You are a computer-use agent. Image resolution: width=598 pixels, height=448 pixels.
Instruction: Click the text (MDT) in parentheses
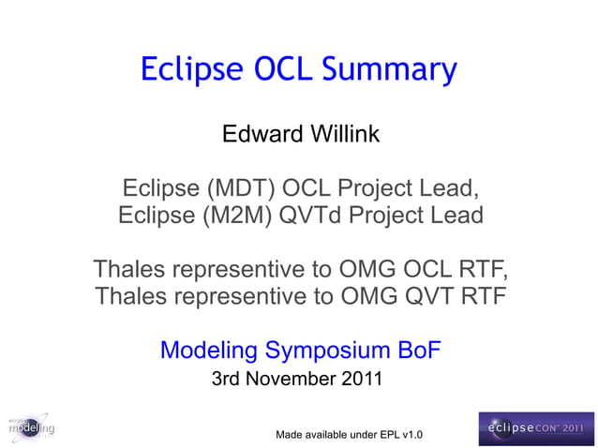tap(234, 187)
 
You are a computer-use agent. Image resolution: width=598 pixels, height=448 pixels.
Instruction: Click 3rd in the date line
tap(229, 380)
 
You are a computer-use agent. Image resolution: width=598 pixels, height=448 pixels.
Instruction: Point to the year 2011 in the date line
tap(361, 380)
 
